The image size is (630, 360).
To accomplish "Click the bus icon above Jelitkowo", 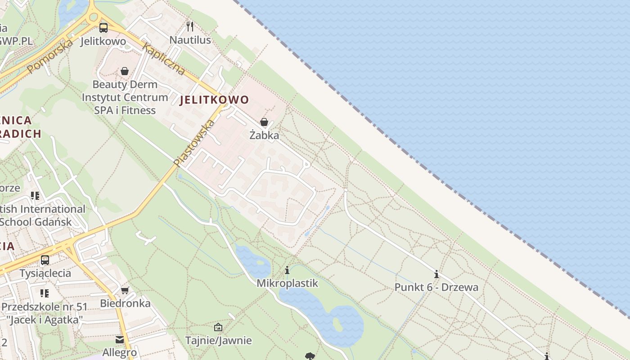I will point(103,28).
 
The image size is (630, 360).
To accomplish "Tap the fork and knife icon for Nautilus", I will point(190,27).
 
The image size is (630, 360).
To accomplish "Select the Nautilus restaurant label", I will point(190,40).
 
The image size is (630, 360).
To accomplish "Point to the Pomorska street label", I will point(49,56).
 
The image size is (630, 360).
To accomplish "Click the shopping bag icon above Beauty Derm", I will point(125,71).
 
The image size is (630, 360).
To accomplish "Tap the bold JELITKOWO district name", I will point(214,100).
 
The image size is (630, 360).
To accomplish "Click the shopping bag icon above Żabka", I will point(264,122).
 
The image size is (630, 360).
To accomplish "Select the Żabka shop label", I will point(264,135).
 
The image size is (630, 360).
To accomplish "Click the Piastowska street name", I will point(195,142).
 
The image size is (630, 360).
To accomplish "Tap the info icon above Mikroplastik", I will point(287,270).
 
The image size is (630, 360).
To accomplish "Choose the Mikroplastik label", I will point(287,283).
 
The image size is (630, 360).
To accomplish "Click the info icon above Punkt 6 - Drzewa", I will point(436,274).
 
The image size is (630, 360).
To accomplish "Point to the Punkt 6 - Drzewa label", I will point(436,287).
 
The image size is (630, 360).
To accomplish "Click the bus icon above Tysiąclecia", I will point(45,260).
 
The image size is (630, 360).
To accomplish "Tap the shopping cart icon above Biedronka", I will point(125,290).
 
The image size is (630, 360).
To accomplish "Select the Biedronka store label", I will point(125,303).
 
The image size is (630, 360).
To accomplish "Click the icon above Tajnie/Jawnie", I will point(218,327).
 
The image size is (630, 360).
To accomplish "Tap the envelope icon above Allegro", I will point(120,340).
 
